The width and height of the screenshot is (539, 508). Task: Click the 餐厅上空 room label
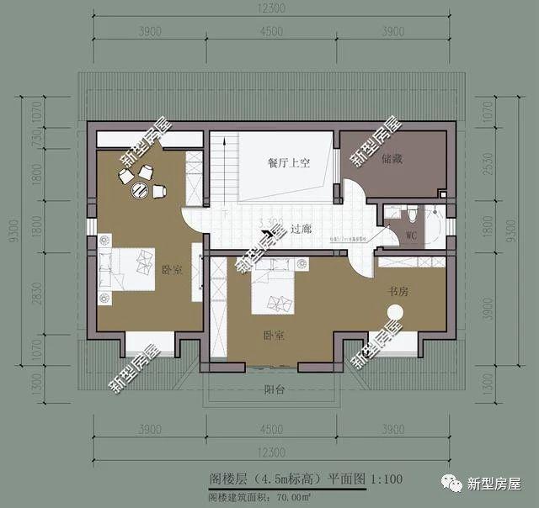pyautogui.click(x=290, y=163)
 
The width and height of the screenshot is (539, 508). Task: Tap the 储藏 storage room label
pyautogui.click(x=379, y=156)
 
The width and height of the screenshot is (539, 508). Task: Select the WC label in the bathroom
pyautogui.click(x=411, y=235)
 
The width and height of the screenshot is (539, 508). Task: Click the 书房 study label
pyautogui.click(x=398, y=291)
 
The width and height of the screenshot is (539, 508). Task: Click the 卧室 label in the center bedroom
pyautogui.click(x=273, y=336)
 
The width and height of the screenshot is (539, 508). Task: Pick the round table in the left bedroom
pyautogui.click(x=138, y=190)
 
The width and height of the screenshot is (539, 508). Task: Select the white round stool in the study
pyautogui.click(x=394, y=314)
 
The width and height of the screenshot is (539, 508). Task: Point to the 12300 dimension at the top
pyautogui.click(x=273, y=8)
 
